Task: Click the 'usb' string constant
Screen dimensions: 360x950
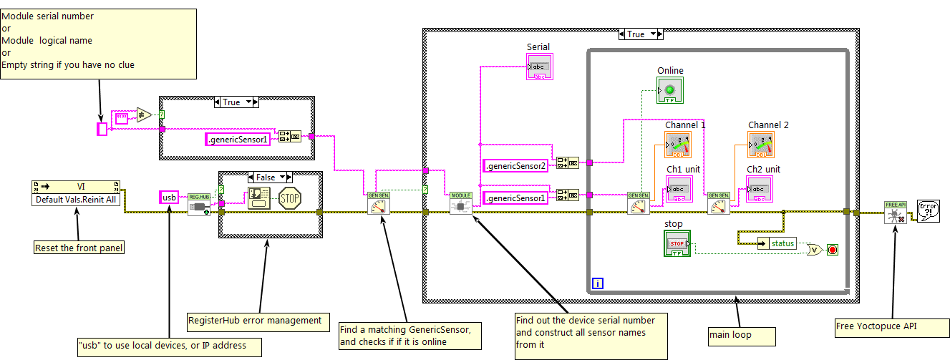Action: (x=169, y=197)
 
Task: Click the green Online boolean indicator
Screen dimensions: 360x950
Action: (x=670, y=90)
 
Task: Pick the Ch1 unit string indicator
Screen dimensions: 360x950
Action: (x=679, y=190)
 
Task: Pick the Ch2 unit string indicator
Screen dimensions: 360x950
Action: (x=760, y=190)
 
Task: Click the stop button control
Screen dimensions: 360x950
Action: (x=677, y=243)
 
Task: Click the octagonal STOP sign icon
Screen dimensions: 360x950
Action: (x=289, y=198)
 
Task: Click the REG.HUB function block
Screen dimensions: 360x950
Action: (x=198, y=204)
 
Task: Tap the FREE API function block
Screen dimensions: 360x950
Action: (x=895, y=212)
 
